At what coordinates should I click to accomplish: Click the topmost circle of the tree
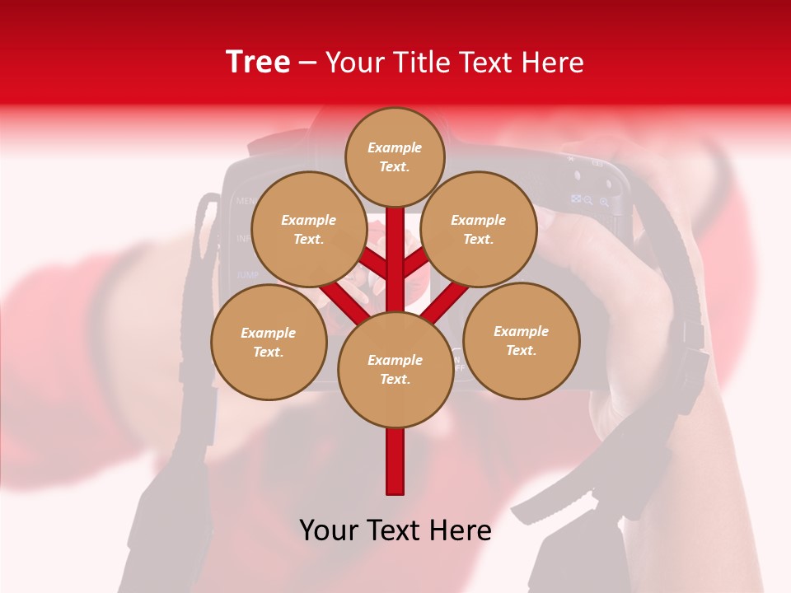(395, 156)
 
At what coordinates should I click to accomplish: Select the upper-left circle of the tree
(308, 229)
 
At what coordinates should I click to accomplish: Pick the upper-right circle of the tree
(478, 229)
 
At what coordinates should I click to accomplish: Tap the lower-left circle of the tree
(269, 342)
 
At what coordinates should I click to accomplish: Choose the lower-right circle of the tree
(521, 340)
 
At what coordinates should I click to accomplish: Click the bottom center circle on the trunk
(395, 369)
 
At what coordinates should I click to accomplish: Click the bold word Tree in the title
(258, 62)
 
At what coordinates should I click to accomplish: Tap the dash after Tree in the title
(308, 63)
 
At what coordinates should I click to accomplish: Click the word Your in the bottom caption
(329, 530)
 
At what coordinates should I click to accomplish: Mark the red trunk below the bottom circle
(395, 461)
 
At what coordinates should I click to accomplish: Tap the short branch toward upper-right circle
(416, 263)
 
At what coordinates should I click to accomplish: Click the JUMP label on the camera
(248, 274)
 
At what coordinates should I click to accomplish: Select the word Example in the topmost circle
(395, 148)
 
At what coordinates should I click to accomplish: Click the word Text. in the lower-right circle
(521, 350)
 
